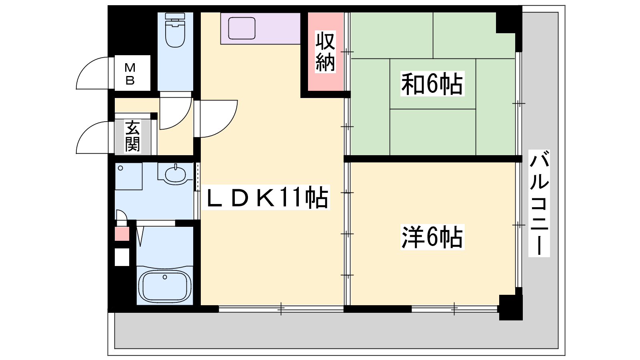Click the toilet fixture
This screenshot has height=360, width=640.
(x=175, y=30)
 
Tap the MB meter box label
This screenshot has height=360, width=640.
(x=130, y=74)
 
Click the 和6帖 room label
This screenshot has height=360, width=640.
(x=432, y=84)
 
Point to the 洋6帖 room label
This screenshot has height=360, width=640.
(x=432, y=238)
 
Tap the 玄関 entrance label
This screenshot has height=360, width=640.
(x=132, y=136)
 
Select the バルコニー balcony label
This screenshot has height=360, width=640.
(x=539, y=203)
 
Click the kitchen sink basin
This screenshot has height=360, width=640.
(x=242, y=28)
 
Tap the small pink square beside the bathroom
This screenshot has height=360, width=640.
(x=122, y=234)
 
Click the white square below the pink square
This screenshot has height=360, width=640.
(x=122, y=257)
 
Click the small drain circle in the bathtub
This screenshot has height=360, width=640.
(x=164, y=277)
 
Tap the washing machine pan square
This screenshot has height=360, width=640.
(x=128, y=176)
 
